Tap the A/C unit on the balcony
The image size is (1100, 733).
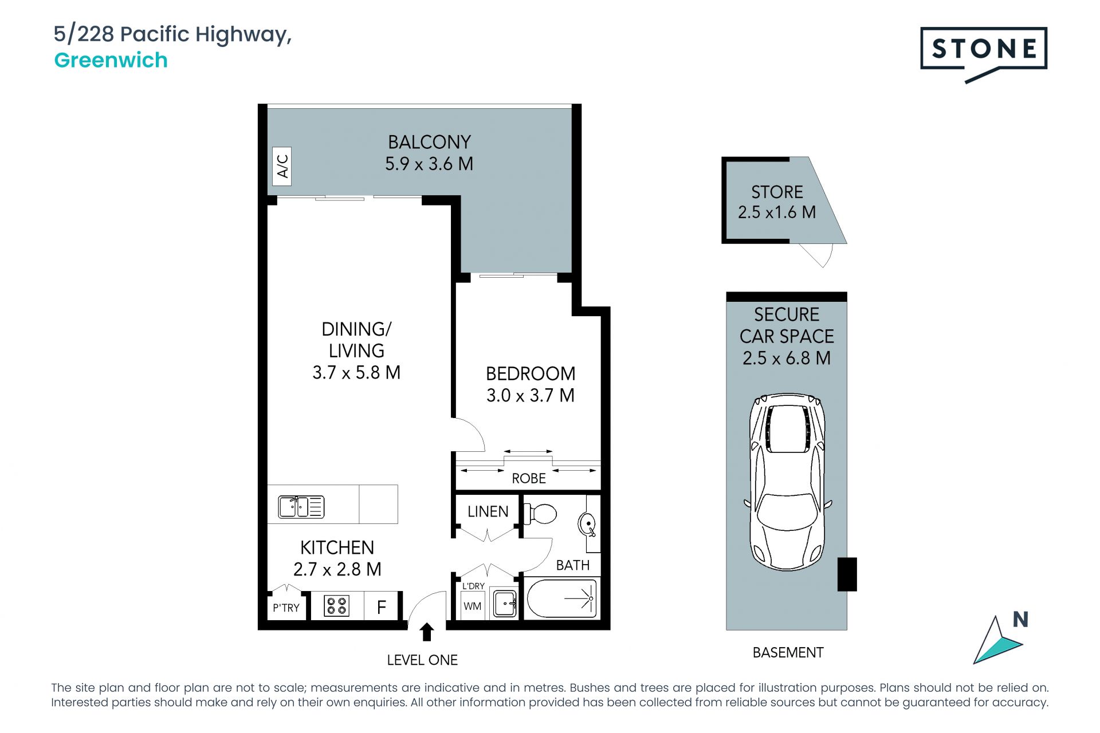point(282,166)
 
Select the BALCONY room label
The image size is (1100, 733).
point(429,142)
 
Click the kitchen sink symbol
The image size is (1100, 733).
point(301,507)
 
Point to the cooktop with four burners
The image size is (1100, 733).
point(336,606)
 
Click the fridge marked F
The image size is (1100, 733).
point(382,606)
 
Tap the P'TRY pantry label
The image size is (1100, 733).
point(286,608)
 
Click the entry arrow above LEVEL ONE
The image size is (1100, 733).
point(427,632)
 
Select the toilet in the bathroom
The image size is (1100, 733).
point(540,514)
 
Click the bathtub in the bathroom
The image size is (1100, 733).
point(561,598)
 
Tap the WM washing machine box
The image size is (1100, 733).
point(473,606)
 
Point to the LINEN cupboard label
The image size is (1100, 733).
point(488,511)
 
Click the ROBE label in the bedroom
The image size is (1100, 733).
point(529,478)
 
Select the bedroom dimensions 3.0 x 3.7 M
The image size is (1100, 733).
point(531,395)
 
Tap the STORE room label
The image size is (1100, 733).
point(777,192)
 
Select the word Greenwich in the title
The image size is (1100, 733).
point(111,60)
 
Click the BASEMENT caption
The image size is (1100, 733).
point(788,652)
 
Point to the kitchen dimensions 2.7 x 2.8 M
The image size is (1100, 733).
point(337,569)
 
